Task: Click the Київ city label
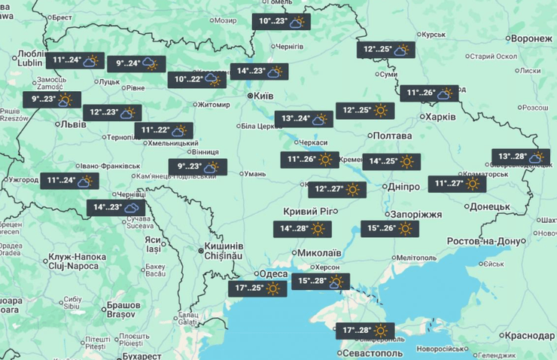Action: [x=264, y=96]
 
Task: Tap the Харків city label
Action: [x=440, y=117]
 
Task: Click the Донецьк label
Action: [x=489, y=206]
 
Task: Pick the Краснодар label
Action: [x=530, y=335]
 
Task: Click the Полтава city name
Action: [x=393, y=135]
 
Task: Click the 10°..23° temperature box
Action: [x=281, y=22]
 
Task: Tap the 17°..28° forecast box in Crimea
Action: [x=365, y=331]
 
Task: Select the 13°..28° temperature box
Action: [x=520, y=157]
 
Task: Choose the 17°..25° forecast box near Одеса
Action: [x=257, y=288]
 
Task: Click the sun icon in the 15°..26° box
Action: [x=409, y=228]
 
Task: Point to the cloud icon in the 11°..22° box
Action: [x=178, y=130]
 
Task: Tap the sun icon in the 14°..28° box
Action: [x=318, y=228]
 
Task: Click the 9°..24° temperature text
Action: [x=124, y=64]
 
